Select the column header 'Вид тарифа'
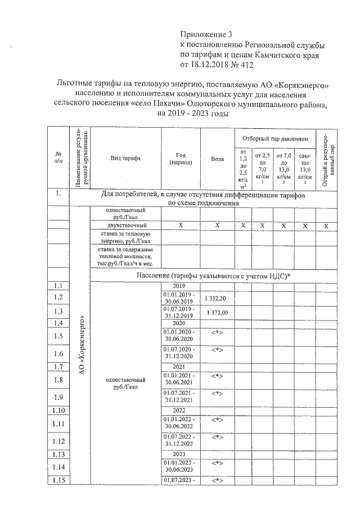tap(125, 159)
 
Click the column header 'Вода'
tap(217, 159)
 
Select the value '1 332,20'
tap(217, 298)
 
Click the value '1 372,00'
tap(217, 312)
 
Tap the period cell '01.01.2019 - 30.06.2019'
tap(178, 298)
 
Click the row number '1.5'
tap(58, 336)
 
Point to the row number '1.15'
tap(58, 480)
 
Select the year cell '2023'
tap(178, 454)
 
